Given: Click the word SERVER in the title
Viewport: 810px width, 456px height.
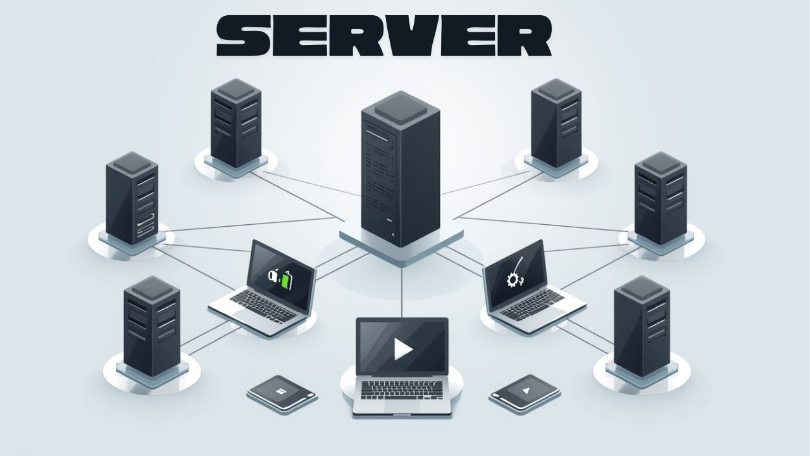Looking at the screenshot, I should [x=383, y=37].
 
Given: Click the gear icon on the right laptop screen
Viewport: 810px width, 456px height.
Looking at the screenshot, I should [x=513, y=279].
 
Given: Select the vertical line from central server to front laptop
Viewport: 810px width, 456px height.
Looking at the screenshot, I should [x=402, y=291].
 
